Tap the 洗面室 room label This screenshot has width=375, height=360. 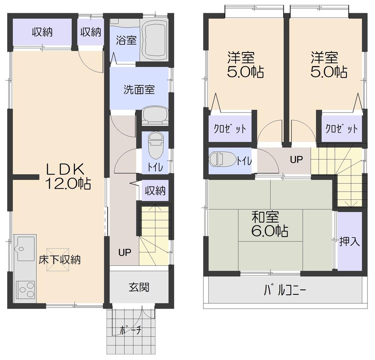tap(139, 90)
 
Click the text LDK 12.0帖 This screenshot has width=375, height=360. tap(67, 176)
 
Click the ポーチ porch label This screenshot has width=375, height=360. tap(130, 330)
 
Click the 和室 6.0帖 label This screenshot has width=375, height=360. tap(270, 224)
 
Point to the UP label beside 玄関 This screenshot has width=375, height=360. tap(125, 252)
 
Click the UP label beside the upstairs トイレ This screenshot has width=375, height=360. tap(296, 159)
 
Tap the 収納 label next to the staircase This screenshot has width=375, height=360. tap(155, 191)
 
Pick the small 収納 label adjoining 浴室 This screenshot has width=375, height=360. tap(91, 32)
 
